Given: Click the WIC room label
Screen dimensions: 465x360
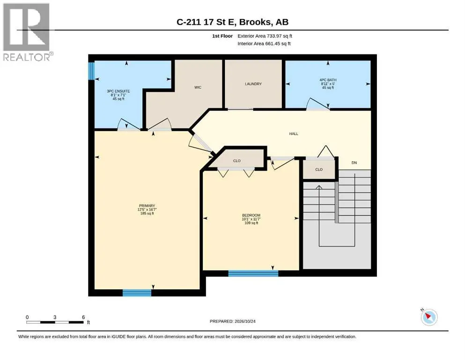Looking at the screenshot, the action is click(198, 87).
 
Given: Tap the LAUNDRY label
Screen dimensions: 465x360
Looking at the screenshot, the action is click(253, 84).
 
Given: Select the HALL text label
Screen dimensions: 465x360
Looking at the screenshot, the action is click(294, 134).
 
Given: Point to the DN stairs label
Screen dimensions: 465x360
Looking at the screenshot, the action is click(354, 163).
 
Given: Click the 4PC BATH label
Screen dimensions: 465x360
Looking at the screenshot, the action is click(328, 80).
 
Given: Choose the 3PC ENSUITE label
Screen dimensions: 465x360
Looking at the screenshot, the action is click(118, 91).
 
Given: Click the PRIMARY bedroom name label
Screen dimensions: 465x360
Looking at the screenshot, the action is click(147, 206).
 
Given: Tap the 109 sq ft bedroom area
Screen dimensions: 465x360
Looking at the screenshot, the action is click(251, 223).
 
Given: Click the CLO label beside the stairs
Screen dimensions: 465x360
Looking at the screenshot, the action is click(319, 170).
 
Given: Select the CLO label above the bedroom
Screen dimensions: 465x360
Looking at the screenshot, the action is click(236, 161).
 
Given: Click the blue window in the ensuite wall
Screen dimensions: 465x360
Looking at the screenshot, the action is click(91, 71).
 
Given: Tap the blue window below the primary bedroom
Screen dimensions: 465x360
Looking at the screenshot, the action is click(137, 292).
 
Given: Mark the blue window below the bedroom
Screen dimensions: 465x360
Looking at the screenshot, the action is click(253, 273).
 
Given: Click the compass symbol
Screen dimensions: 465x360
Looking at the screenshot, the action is click(429, 317).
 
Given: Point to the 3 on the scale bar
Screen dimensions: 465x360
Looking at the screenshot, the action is click(55, 317).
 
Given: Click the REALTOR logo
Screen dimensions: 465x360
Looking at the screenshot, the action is click(28, 32).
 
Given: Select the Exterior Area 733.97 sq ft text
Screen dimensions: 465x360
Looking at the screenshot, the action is click(265, 36).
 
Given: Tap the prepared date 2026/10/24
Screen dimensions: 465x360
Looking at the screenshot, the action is click(245, 321).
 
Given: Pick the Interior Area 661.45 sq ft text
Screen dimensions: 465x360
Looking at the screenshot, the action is click(264, 44).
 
